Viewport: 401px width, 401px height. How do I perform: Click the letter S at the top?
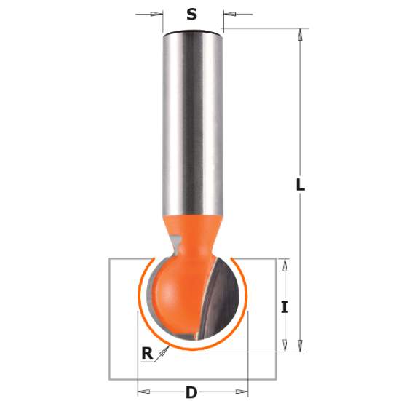(192, 14)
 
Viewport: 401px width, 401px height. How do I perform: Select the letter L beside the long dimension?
(299, 186)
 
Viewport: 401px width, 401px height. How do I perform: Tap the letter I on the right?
(285, 306)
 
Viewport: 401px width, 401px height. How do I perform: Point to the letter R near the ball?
(148, 354)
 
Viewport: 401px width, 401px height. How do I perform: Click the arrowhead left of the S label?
(156, 14)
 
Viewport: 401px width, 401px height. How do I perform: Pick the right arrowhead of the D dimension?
(243, 392)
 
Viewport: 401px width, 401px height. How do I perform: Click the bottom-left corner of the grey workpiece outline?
(109, 379)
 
